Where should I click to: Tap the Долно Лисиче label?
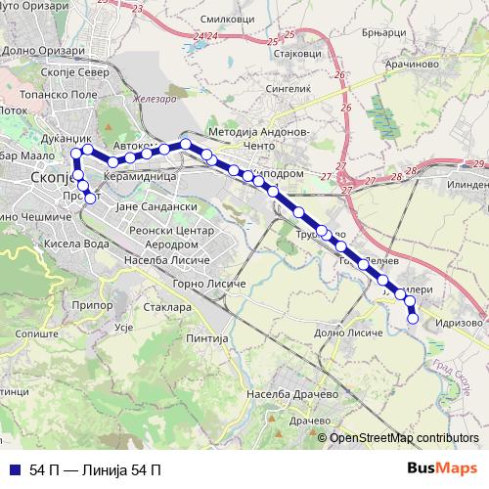click(x=349, y=333)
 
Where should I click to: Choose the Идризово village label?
click(x=459, y=321)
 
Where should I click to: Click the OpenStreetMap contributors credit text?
click(x=404, y=438)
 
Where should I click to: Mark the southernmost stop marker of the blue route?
click(x=413, y=318)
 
